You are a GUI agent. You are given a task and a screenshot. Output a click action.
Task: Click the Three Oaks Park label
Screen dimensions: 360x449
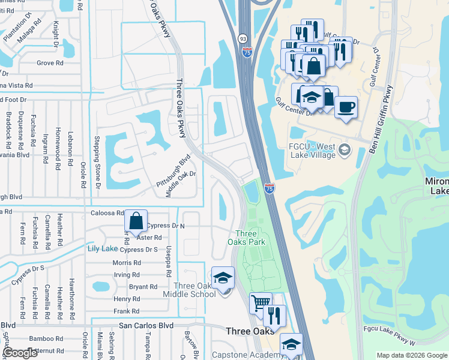[x=250, y=237]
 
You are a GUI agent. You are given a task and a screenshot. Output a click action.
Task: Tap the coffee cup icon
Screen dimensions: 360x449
[x=346, y=108]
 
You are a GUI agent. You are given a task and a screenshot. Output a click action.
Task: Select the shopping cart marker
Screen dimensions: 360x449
[x=261, y=303]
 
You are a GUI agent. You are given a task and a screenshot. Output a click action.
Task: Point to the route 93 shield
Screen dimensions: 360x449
[x=243, y=38]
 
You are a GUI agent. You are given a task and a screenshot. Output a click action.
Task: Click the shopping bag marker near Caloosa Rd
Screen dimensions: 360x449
[x=136, y=221]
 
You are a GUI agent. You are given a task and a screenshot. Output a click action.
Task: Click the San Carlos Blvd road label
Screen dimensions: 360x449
[x=146, y=325]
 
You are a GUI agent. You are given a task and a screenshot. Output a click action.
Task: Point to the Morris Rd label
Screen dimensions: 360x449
[x=126, y=263]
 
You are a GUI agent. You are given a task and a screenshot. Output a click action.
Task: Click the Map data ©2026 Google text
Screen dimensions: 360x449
[x=412, y=355]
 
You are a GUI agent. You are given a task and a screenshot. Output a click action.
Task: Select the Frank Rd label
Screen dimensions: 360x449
[x=127, y=311]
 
